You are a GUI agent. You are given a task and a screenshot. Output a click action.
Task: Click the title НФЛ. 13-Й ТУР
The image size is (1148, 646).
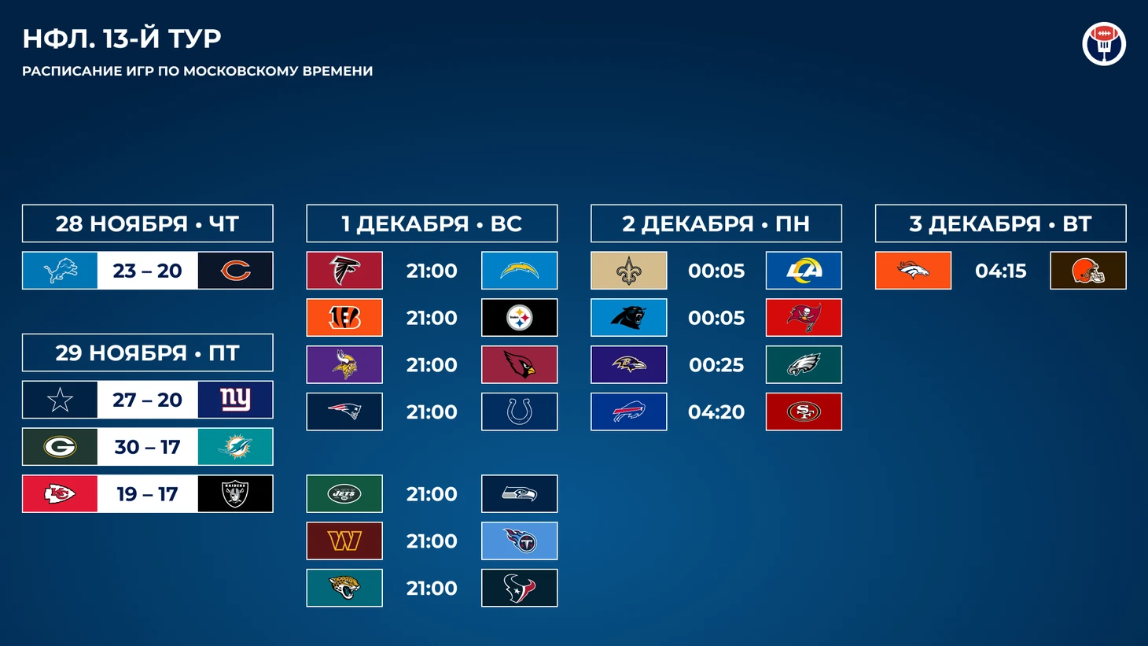tap(121, 39)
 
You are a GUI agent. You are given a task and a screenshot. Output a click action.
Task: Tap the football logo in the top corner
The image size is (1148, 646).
tap(1104, 43)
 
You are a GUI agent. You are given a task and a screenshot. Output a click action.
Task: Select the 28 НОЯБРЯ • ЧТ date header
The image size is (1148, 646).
tap(148, 223)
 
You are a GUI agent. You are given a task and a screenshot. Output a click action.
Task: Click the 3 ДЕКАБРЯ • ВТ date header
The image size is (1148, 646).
tap(1000, 223)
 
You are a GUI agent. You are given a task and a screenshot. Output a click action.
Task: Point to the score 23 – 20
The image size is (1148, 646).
tap(148, 271)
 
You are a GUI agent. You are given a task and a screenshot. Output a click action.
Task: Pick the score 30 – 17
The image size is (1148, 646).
tap(148, 447)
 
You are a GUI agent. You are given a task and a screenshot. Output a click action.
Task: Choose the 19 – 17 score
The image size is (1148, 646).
tap(148, 494)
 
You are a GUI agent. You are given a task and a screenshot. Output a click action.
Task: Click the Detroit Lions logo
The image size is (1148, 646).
tap(60, 271)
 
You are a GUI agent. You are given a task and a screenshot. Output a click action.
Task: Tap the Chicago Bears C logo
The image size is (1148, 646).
tap(236, 271)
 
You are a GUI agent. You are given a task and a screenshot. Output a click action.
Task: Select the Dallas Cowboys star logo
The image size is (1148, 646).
tap(60, 400)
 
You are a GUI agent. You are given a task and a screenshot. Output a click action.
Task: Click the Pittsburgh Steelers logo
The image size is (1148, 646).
tap(520, 318)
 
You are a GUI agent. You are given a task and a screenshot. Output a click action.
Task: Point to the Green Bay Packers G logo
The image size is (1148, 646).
tap(60, 447)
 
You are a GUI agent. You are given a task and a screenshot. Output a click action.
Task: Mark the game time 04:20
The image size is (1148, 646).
tap(716, 412)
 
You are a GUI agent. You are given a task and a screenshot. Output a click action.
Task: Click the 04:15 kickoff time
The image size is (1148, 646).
tap(1000, 271)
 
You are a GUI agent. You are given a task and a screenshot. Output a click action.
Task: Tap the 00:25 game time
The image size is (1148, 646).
tap(716, 365)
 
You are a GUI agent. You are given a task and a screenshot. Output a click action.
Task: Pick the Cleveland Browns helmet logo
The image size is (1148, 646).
tap(1088, 271)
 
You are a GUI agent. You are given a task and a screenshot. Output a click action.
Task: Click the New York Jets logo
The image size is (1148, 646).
tap(344, 494)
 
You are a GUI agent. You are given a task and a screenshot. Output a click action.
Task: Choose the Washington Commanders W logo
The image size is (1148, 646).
tap(344, 541)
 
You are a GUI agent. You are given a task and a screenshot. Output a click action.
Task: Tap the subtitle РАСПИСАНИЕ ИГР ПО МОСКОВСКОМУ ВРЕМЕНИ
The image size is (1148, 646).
tap(197, 71)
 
